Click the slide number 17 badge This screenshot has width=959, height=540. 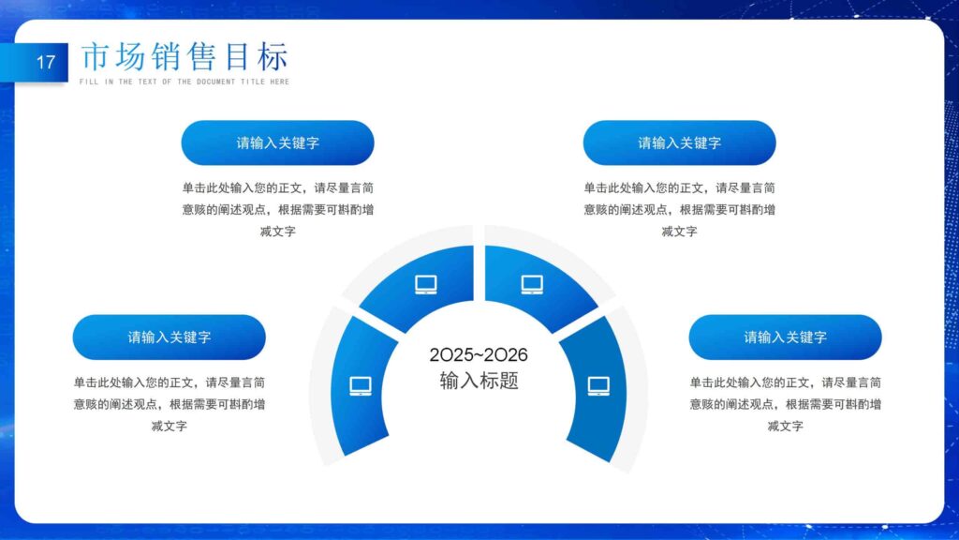click(x=46, y=64)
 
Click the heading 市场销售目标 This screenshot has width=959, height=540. click(x=184, y=57)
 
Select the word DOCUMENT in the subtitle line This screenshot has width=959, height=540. click(x=215, y=82)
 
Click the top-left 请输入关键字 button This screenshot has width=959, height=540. click(x=277, y=143)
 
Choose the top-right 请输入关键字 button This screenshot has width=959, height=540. click(x=679, y=143)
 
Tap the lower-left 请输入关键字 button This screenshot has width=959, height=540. click(x=169, y=337)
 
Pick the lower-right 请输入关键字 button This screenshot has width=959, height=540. click(x=785, y=337)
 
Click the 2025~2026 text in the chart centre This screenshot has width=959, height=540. click(x=479, y=355)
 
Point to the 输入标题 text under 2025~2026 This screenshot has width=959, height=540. click(x=479, y=381)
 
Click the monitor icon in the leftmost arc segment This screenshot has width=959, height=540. click(x=361, y=385)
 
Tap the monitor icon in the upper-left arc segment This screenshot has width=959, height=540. click(x=426, y=284)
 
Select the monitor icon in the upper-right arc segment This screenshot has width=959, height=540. click(x=532, y=284)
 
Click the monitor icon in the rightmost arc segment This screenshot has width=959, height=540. click(x=598, y=385)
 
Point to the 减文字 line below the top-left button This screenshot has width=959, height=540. click(x=277, y=232)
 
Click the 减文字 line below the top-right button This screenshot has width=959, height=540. click(x=679, y=232)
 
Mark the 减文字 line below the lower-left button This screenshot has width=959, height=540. click(x=169, y=426)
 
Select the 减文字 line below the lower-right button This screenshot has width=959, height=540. click(x=785, y=426)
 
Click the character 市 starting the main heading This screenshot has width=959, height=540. click(x=96, y=57)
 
